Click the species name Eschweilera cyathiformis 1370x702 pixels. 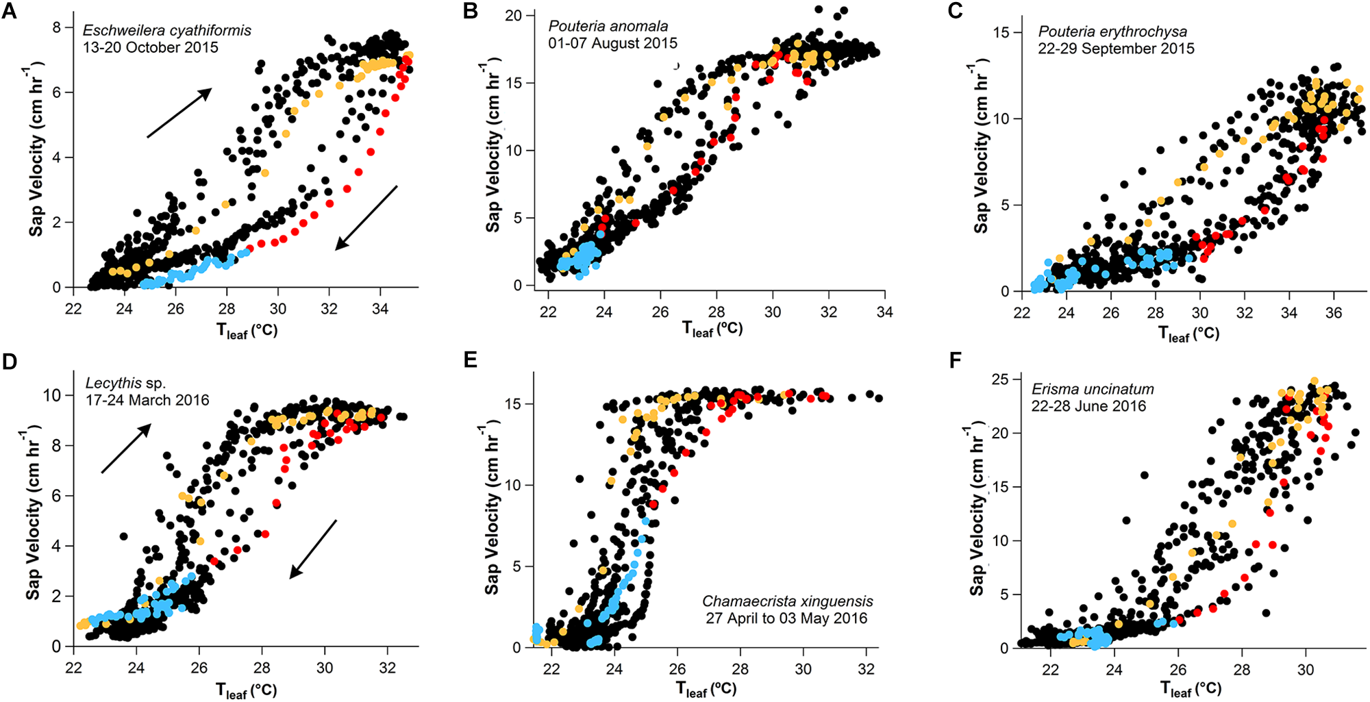coord(166,31)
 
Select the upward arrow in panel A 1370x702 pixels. coord(179,113)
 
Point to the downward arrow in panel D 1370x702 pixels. coord(313,549)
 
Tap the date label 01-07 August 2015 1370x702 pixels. coord(612,43)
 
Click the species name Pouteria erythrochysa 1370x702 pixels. coord(1112,32)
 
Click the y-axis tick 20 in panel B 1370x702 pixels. coord(514,15)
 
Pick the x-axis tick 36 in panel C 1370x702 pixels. coord(1333,313)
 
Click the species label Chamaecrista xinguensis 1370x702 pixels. coord(787,601)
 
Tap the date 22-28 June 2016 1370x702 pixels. coord(1088,406)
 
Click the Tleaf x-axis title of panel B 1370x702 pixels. coord(712,329)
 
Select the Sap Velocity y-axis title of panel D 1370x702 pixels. coord(34,512)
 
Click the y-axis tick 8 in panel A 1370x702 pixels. coord(57,27)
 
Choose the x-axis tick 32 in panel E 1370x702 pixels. coord(866,668)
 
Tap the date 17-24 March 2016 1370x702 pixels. coord(147,400)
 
